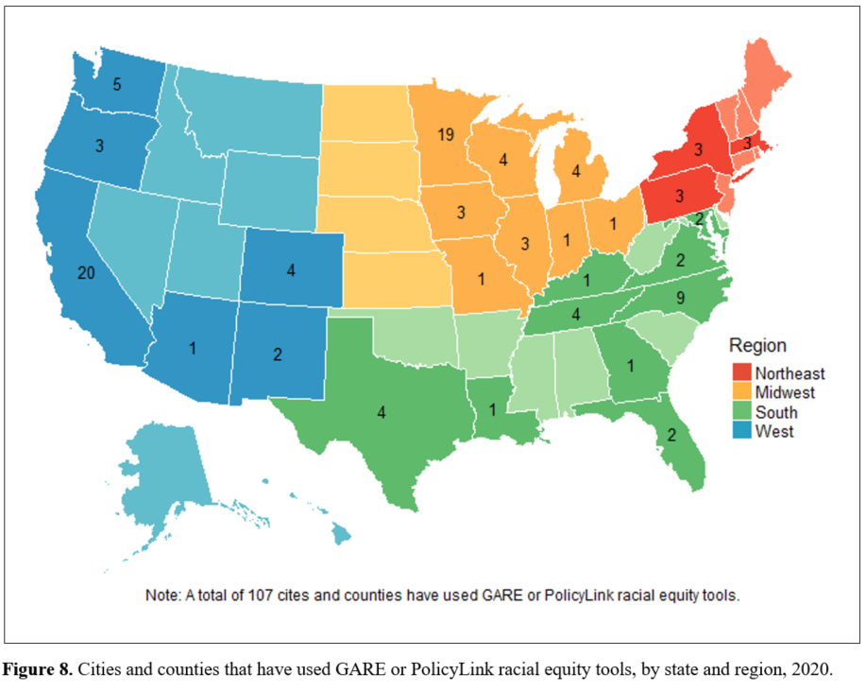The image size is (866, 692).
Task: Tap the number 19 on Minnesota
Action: click(x=447, y=135)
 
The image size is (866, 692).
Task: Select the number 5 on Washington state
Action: click(x=116, y=84)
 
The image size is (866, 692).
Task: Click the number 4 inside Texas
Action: click(x=382, y=411)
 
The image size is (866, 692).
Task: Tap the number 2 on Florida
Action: click(x=672, y=435)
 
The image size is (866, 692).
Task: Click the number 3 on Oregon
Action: click(x=98, y=146)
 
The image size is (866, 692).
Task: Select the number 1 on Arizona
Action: click(x=193, y=348)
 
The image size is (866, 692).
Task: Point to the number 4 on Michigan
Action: click(x=574, y=172)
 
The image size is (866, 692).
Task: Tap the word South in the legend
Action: click(x=776, y=412)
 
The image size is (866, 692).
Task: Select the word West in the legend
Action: click(x=774, y=431)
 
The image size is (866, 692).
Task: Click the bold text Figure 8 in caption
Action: click(x=38, y=669)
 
